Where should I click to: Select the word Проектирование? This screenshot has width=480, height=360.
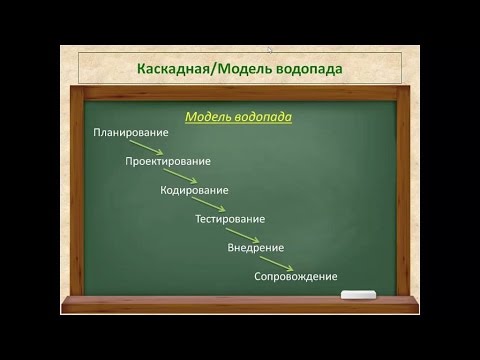coord(168,161)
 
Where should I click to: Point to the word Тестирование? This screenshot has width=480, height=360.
coord(230,219)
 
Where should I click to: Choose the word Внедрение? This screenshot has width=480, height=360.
coord(256,247)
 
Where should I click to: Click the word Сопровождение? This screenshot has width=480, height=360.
coord(295,276)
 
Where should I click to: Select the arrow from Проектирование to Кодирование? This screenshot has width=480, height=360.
coord(181,176)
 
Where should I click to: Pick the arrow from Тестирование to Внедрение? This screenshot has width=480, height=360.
coord(247,233)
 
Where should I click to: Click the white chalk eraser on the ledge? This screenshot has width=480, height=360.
coord(357,295)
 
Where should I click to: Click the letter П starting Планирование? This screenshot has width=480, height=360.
coord(97,132)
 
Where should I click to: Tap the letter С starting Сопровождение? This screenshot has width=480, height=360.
coord(257,276)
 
